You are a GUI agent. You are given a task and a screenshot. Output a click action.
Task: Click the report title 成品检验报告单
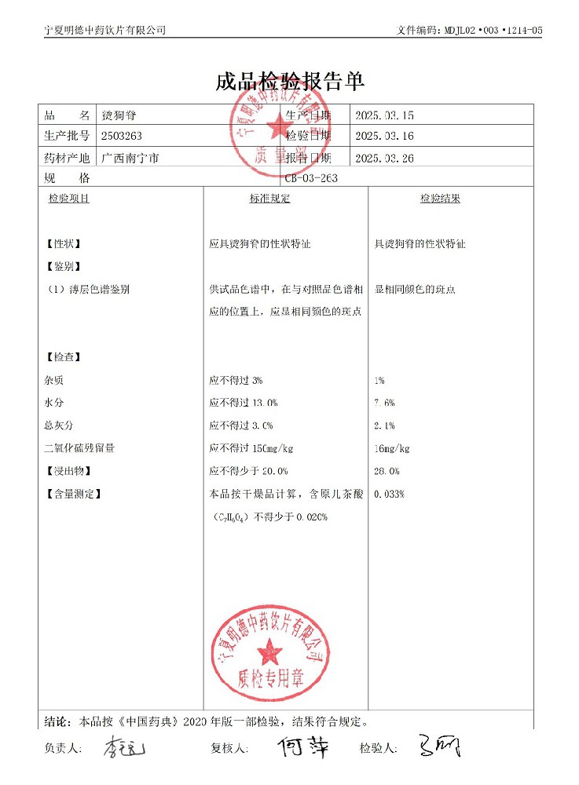[x=290, y=82]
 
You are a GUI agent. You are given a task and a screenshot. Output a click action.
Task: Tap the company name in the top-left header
[x=105, y=30]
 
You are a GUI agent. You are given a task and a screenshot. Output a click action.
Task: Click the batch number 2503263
[x=122, y=136]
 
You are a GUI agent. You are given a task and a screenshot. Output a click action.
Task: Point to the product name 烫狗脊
[x=117, y=115]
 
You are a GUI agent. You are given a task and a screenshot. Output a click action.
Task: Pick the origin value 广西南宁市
[x=130, y=158]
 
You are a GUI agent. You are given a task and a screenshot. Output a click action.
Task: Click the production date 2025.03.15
[x=384, y=115]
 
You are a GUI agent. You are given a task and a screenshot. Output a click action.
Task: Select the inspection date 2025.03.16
[x=384, y=136]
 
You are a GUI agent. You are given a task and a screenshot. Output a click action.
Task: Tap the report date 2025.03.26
[x=384, y=158]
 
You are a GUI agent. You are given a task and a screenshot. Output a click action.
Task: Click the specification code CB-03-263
[x=311, y=178]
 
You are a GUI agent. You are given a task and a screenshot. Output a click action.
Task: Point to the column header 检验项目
[x=69, y=199]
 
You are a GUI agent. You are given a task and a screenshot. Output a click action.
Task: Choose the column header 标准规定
[x=269, y=199]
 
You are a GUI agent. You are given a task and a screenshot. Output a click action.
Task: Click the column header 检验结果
[x=440, y=199]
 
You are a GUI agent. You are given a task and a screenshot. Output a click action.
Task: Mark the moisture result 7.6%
[x=385, y=403]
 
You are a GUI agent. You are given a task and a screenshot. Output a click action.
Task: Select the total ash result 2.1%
[x=385, y=425]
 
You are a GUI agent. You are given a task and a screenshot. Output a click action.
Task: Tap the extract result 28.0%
[x=387, y=471]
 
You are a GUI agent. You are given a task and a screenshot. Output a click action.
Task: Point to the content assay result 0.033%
[x=390, y=494]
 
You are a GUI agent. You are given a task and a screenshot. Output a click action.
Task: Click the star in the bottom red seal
[x=271, y=649]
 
